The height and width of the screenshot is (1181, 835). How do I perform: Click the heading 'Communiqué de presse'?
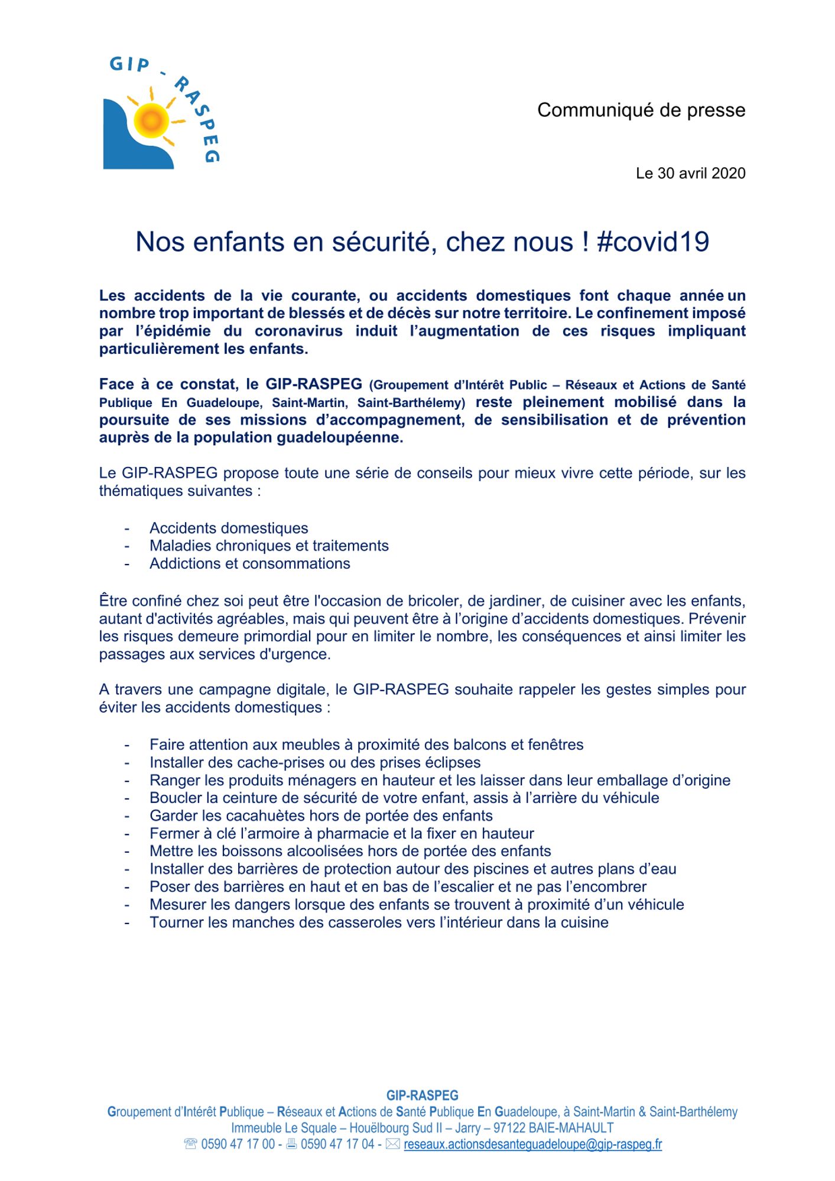[641, 110]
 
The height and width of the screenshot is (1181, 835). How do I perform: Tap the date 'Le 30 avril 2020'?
[690, 174]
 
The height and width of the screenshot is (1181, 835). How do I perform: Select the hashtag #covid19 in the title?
[653, 242]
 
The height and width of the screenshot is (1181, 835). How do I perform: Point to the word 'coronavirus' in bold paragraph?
[298, 331]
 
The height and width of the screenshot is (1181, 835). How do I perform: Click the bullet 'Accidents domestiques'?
[229, 528]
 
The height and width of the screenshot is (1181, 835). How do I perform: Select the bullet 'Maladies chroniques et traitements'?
[269, 546]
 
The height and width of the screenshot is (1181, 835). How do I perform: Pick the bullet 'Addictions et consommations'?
[249, 563]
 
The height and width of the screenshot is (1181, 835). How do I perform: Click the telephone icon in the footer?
[190, 1144]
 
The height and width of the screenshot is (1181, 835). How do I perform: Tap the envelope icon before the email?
[392, 1144]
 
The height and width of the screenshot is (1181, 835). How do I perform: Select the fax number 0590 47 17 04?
[337, 1144]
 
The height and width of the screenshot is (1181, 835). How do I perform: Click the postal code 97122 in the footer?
[509, 1128]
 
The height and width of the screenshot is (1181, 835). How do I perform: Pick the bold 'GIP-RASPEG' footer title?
[422, 1096]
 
